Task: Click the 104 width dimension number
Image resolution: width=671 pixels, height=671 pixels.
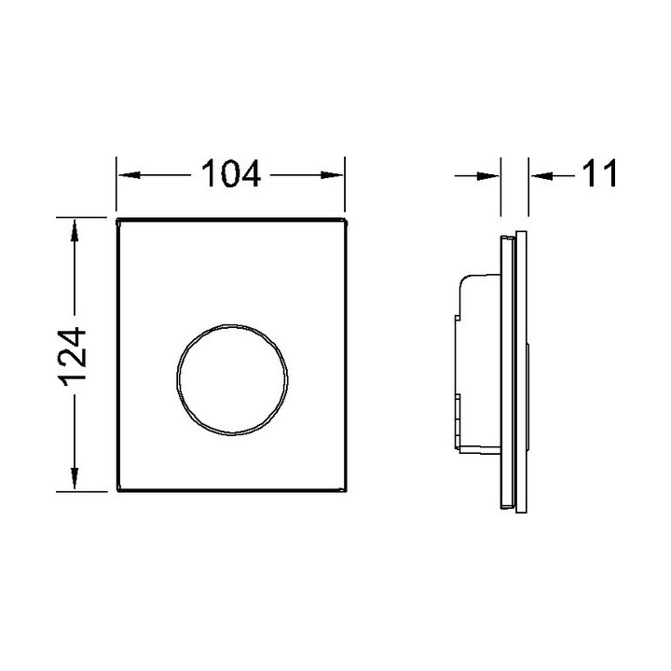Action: [231, 173]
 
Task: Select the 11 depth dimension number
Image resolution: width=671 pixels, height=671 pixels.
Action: [599, 173]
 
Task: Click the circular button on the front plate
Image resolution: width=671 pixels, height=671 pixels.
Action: [232, 324]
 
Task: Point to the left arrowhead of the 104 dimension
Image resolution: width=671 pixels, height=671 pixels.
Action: [130, 175]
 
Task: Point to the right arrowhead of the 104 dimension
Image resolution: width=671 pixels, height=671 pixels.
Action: [332, 175]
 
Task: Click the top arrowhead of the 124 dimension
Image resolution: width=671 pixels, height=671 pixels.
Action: [75, 230]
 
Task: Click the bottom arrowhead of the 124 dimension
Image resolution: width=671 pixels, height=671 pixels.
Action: [75, 478]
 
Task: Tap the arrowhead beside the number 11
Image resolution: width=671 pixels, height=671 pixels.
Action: [541, 175]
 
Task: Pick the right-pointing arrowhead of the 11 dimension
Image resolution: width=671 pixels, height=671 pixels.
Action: [487, 175]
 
